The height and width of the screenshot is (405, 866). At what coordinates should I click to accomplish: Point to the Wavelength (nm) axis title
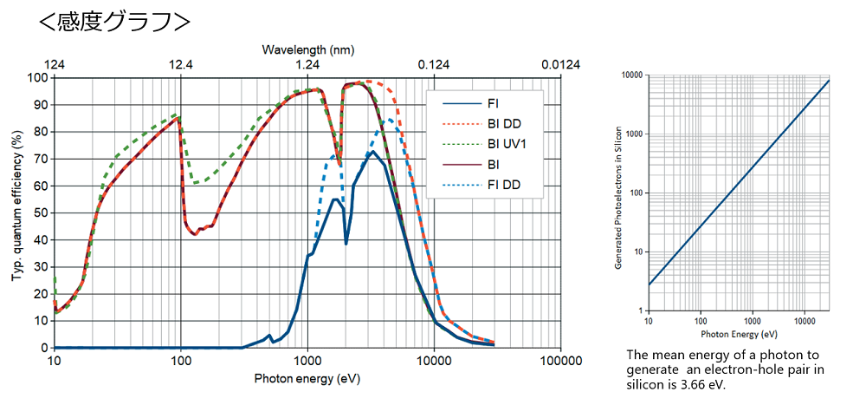(x=308, y=50)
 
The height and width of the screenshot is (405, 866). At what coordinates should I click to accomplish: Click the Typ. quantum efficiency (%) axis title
(x=16, y=206)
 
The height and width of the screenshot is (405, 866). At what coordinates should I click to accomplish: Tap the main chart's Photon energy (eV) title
(x=307, y=379)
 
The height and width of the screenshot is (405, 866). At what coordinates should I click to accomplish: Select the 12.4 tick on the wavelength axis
(x=181, y=65)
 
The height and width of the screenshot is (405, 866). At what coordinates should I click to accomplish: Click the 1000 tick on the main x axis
(x=307, y=361)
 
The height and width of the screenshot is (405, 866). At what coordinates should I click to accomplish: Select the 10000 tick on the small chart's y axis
(x=633, y=76)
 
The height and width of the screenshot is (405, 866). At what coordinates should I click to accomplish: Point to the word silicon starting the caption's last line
(x=646, y=384)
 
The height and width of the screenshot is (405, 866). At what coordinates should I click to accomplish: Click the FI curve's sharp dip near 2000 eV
(x=346, y=244)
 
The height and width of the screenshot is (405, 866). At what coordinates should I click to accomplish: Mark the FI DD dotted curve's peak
(x=391, y=120)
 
